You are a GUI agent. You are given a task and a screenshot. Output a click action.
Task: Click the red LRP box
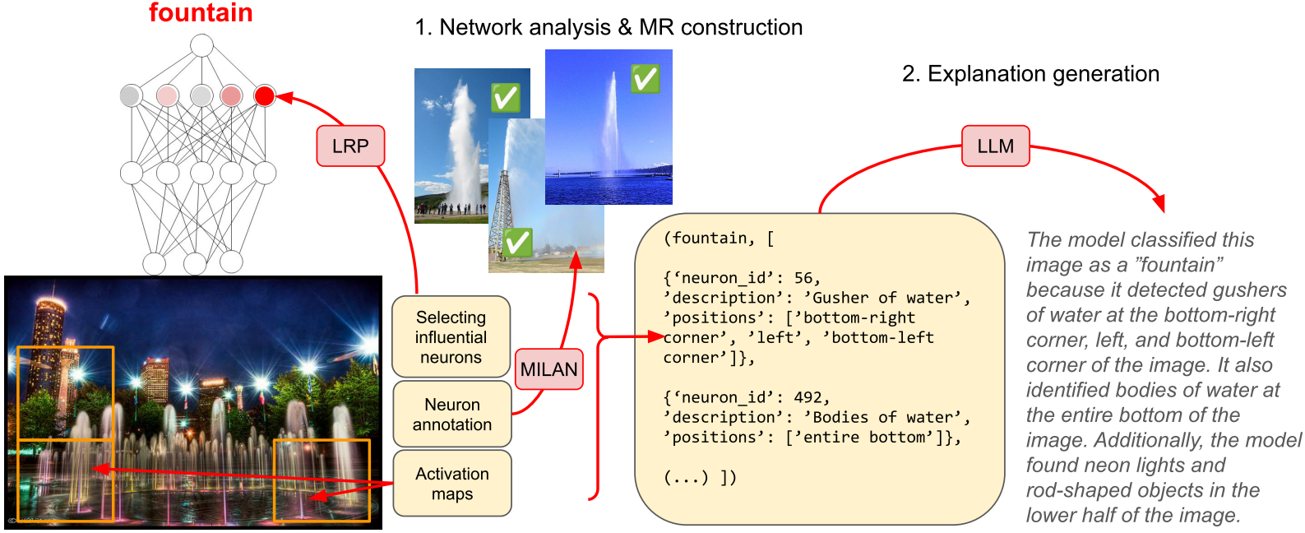click(350, 146)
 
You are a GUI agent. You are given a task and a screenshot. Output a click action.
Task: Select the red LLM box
click(995, 146)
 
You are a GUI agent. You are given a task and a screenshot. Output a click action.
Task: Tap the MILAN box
click(548, 369)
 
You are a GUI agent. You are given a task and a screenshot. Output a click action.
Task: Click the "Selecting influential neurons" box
click(451, 337)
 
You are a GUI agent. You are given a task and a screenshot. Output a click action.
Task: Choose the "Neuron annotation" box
click(452, 415)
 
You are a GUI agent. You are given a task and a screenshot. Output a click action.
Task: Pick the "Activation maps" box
click(452, 484)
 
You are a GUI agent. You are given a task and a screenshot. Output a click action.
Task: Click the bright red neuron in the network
click(264, 95)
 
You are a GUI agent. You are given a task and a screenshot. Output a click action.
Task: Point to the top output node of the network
click(201, 45)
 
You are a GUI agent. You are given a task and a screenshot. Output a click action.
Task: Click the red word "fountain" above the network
click(201, 13)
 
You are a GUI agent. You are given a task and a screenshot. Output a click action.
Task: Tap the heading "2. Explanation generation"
click(1030, 74)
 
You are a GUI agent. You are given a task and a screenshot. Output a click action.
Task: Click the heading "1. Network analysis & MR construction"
click(609, 27)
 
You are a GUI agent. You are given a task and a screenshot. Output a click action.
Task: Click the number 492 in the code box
click(808, 397)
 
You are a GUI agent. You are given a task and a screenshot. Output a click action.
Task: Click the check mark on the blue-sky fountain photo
click(645, 79)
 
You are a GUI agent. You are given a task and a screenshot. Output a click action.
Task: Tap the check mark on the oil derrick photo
click(517, 243)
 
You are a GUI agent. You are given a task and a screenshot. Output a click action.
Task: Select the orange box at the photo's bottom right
click(322, 480)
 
